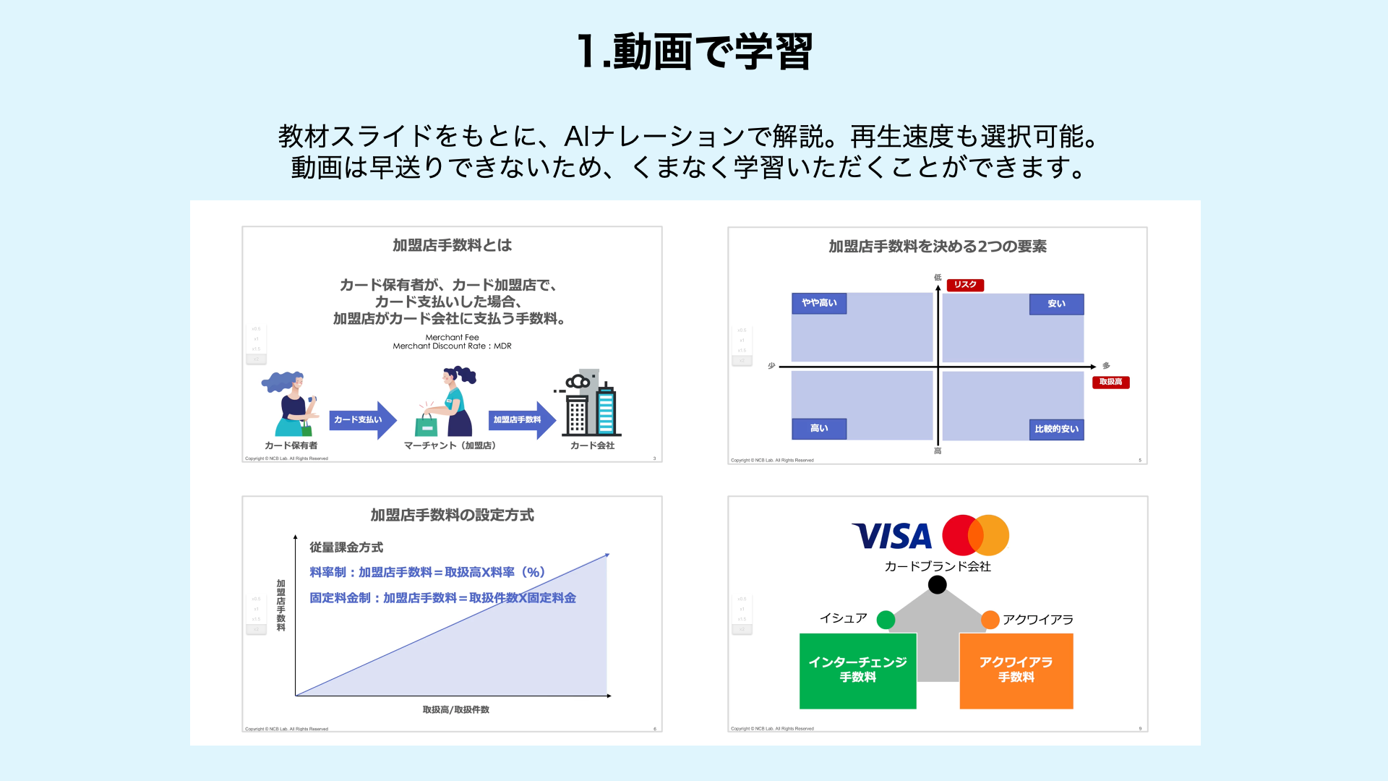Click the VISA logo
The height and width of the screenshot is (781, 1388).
click(892, 537)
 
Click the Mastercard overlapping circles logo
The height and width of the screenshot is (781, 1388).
click(975, 535)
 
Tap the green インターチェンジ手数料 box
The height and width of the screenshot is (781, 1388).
click(857, 670)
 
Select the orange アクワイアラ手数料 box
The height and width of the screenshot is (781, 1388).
click(1016, 670)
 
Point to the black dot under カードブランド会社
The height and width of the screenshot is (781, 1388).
click(937, 584)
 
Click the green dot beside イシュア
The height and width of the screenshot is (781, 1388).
click(886, 620)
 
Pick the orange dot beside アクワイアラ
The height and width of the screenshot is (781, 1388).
click(990, 620)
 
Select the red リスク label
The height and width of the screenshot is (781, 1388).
click(965, 285)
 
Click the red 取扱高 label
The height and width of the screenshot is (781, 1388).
click(1110, 382)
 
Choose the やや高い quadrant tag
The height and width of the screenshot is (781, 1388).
click(819, 303)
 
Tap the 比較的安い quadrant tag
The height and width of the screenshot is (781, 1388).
click(1056, 430)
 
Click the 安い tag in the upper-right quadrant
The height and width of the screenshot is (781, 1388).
click(1056, 304)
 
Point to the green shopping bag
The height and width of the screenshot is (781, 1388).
click(427, 425)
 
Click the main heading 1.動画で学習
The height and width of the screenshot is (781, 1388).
click(694, 52)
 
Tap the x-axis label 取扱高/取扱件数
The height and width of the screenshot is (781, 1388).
click(455, 710)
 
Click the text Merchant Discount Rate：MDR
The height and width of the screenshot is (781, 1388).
click(452, 346)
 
